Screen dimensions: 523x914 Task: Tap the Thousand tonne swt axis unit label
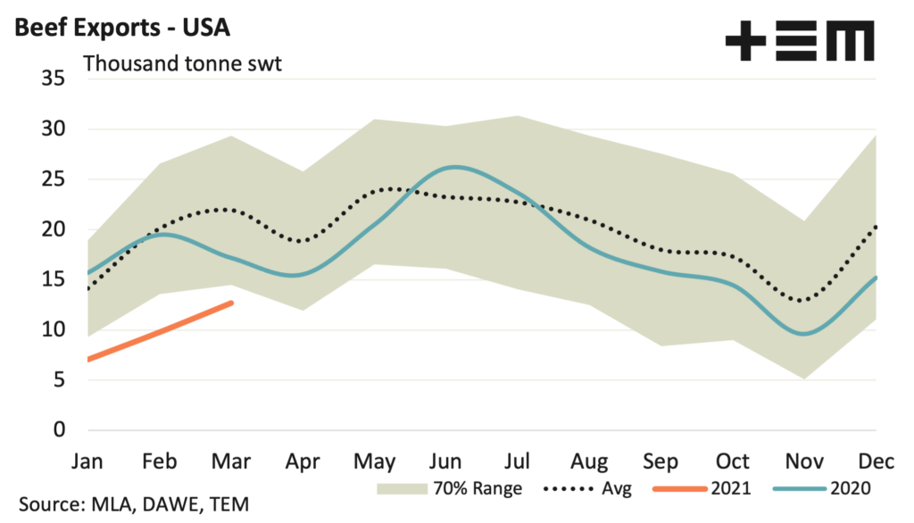point(182,64)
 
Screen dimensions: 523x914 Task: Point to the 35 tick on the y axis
point(54,79)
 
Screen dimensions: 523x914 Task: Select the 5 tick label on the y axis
point(60,380)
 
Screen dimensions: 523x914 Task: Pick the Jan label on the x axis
point(86,461)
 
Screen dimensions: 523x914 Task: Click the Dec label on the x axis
point(877,461)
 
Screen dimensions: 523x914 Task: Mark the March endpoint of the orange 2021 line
point(231,303)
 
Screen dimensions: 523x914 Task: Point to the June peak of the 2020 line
point(455,167)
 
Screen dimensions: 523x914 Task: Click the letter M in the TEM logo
point(848,41)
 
